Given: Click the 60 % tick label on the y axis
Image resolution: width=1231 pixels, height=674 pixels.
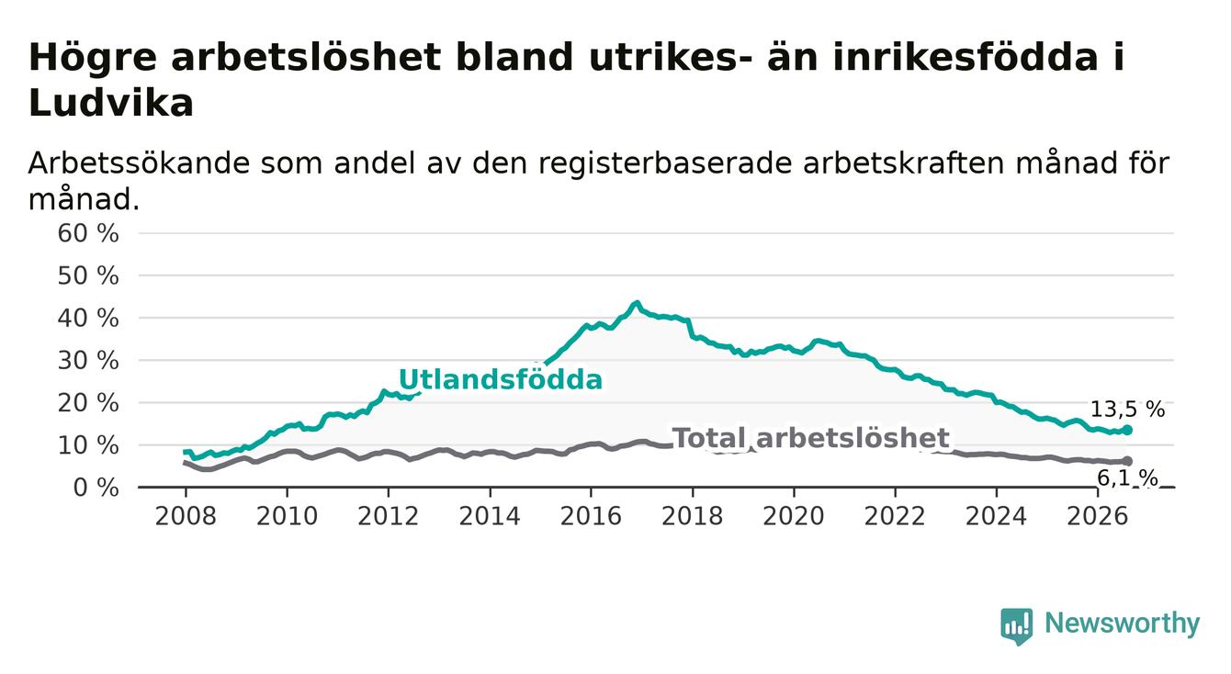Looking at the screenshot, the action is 88,233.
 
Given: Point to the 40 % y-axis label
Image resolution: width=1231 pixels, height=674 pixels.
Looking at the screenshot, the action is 88,319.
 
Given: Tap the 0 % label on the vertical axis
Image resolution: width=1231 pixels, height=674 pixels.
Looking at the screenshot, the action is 96,488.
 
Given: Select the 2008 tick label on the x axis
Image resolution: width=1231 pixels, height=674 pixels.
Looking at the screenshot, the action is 186,516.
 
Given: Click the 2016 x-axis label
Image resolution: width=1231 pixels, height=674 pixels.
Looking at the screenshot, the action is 591,516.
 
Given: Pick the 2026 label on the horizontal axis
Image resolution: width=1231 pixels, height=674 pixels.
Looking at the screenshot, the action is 1098,516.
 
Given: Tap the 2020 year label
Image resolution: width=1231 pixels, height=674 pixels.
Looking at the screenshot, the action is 794,516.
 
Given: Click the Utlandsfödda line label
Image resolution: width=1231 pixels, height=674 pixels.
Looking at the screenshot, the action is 501,379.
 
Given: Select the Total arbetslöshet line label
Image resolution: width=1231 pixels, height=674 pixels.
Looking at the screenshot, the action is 811,438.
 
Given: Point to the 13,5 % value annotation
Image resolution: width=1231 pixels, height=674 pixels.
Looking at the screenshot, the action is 1127,410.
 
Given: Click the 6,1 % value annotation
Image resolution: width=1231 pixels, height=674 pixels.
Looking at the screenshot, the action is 1127,478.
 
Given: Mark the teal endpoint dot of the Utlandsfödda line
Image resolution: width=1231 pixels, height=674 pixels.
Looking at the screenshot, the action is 1127,430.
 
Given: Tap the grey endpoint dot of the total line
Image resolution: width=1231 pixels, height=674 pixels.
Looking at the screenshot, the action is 1127,461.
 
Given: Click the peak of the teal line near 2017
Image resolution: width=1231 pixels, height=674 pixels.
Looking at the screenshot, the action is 637,303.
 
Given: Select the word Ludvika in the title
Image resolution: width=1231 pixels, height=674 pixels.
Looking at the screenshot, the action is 111,103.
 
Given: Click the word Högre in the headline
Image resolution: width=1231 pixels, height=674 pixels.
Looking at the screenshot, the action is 93,58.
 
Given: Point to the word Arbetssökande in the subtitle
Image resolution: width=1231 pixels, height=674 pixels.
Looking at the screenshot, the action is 139,163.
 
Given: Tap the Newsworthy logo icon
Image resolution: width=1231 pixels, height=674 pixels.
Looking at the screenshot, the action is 1017,626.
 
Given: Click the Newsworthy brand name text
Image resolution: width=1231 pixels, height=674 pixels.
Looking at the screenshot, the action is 1123,623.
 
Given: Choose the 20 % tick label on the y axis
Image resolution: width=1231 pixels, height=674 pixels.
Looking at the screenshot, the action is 88,404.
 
